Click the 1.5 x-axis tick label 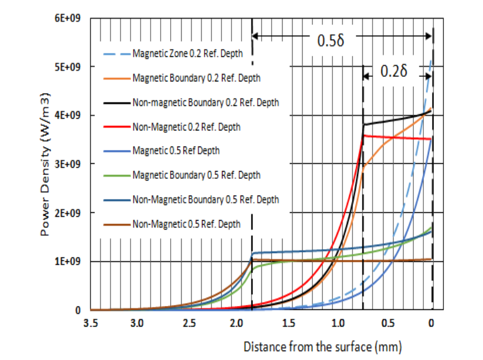coord(288,323)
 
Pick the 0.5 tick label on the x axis coord(384,323)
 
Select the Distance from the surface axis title coord(322,347)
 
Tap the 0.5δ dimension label coord(331,42)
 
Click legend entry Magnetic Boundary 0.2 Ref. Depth coord(196,79)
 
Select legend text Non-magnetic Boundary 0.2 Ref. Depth coord(205,103)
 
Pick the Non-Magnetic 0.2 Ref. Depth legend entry coord(186,127)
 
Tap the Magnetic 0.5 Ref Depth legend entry coord(176,150)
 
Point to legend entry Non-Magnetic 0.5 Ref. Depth coord(186,224)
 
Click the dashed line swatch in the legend coord(117,55)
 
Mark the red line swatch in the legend coord(117,127)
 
